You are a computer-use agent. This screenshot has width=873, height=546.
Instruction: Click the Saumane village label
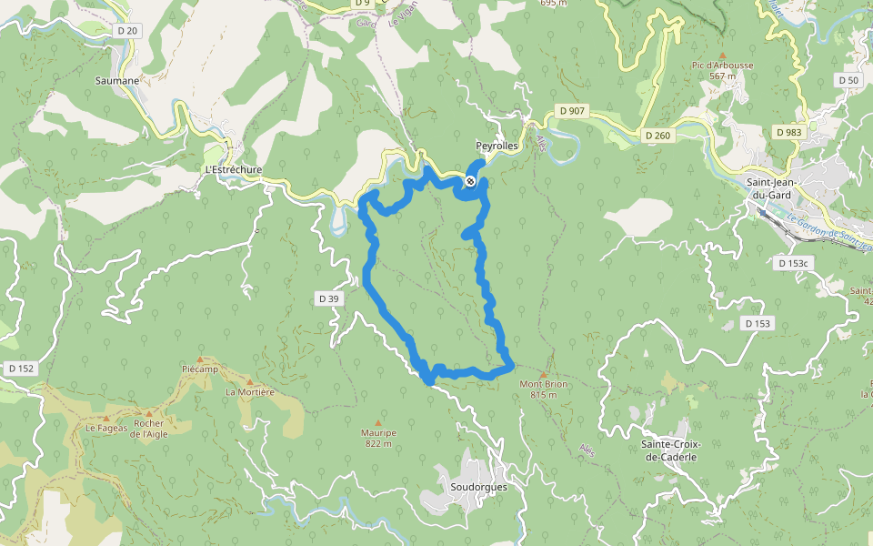[117, 80]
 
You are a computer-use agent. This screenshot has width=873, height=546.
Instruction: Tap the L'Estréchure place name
[234, 169]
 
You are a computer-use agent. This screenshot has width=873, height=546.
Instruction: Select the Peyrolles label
[497, 146]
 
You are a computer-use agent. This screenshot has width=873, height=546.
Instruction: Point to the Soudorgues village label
[478, 487]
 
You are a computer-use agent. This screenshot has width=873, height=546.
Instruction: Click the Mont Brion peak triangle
[544, 374]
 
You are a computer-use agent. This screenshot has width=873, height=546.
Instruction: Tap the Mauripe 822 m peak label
[378, 439]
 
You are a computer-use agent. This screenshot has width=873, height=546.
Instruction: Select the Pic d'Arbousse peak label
[723, 70]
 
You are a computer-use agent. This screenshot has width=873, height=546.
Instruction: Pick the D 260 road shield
[657, 136]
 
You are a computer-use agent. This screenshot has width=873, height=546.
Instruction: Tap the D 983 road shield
[789, 132]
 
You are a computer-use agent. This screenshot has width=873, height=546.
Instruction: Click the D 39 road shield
[328, 298]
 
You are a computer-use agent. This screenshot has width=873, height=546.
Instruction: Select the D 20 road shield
[127, 31]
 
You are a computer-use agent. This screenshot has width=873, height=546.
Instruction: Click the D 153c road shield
[793, 263]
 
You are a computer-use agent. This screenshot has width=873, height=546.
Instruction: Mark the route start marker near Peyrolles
[470, 182]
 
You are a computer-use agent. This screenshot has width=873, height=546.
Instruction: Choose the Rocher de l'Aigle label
[148, 429]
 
